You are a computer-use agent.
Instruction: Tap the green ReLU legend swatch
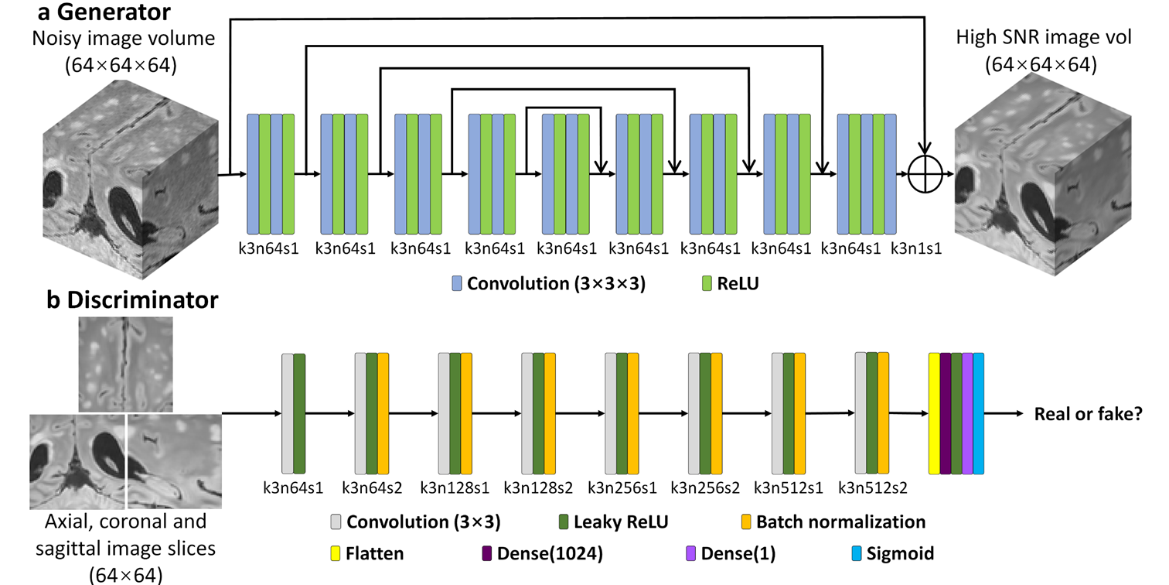706,284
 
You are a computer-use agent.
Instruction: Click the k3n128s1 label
455,488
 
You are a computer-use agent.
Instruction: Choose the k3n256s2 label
705,488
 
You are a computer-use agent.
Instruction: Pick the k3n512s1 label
789,488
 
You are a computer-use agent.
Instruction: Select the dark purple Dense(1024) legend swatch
486,554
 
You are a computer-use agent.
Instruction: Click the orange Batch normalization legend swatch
746,522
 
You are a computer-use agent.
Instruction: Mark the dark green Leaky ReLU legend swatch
563,522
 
